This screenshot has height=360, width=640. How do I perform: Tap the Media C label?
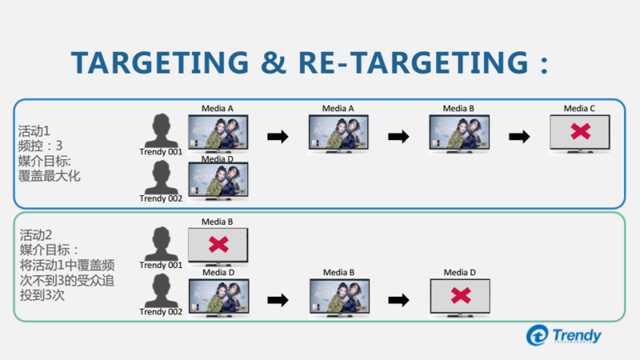579,109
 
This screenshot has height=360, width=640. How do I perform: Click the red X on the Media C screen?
580,133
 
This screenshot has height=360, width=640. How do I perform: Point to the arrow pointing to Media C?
520,137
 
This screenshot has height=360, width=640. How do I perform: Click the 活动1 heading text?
34,129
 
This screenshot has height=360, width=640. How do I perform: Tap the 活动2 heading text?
36,235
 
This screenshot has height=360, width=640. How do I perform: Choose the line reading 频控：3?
41,145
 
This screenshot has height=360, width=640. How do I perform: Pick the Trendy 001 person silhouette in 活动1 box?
162,130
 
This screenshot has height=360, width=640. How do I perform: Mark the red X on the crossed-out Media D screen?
460,295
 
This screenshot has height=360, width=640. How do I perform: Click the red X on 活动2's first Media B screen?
218,245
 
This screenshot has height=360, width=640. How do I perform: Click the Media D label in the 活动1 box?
218,158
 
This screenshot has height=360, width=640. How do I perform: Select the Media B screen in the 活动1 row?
458,133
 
